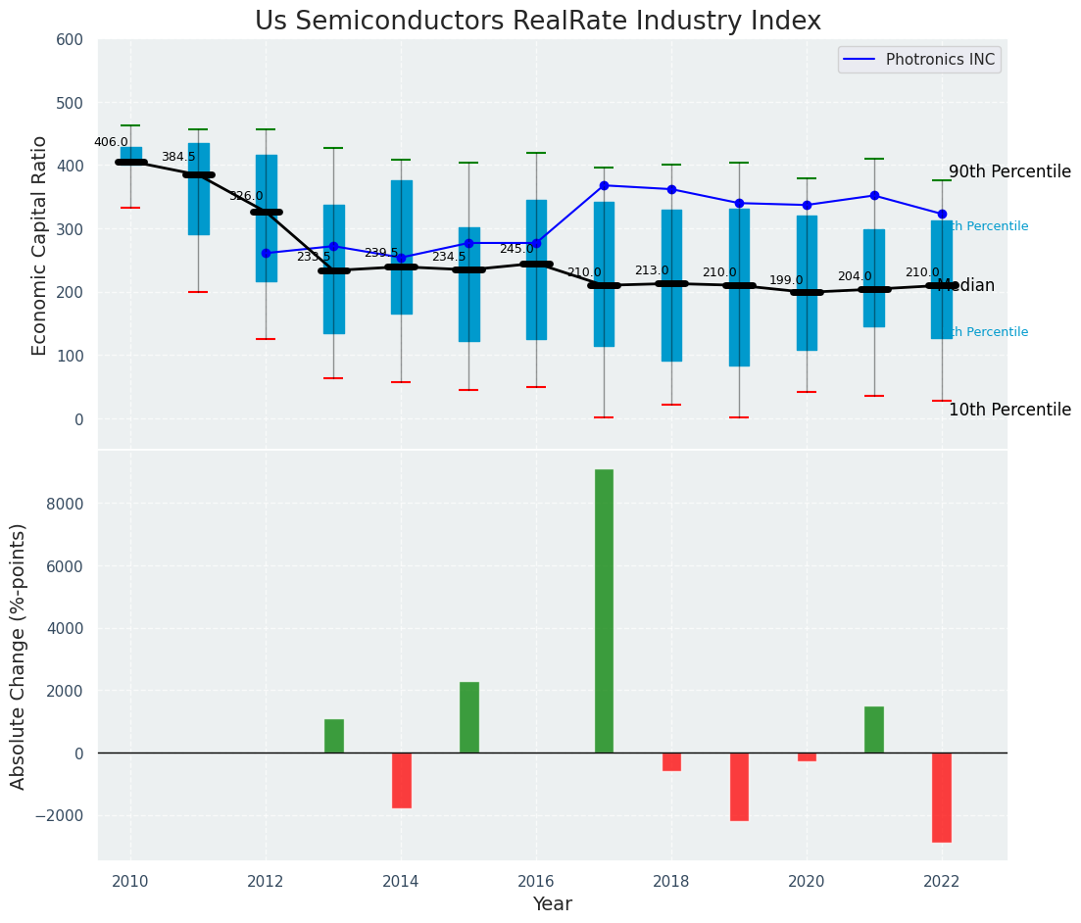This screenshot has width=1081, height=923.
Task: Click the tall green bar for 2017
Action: click(x=604, y=610)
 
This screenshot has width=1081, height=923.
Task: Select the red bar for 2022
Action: click(x=942, y=797)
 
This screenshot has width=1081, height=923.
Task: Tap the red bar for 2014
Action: click(x=401, y=780)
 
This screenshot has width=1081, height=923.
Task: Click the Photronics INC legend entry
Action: click(x=939, y=60)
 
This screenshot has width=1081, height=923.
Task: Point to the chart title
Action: click(x=538, y=22)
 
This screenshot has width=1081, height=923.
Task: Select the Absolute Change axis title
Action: click(x=19, y=656)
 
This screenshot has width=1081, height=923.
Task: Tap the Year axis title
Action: click(x=552, y=904)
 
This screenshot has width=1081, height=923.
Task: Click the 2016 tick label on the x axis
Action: click(x=536, y=882)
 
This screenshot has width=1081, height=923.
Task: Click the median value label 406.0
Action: click(x=111, y=142)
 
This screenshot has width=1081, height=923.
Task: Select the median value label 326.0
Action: click(x=246, y=196)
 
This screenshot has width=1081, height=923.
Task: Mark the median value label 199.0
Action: click(x=786, y=280)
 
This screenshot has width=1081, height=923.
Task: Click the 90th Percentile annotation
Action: click(x=1009, y=171)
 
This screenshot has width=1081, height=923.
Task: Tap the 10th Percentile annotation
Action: click(x=1009, y=410)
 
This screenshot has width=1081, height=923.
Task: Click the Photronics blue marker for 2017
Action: click(x=604, y=185)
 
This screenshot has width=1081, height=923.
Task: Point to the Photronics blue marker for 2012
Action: click(x=266, y=253)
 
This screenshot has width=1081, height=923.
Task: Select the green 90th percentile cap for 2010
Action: click(x=130, y=125)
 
